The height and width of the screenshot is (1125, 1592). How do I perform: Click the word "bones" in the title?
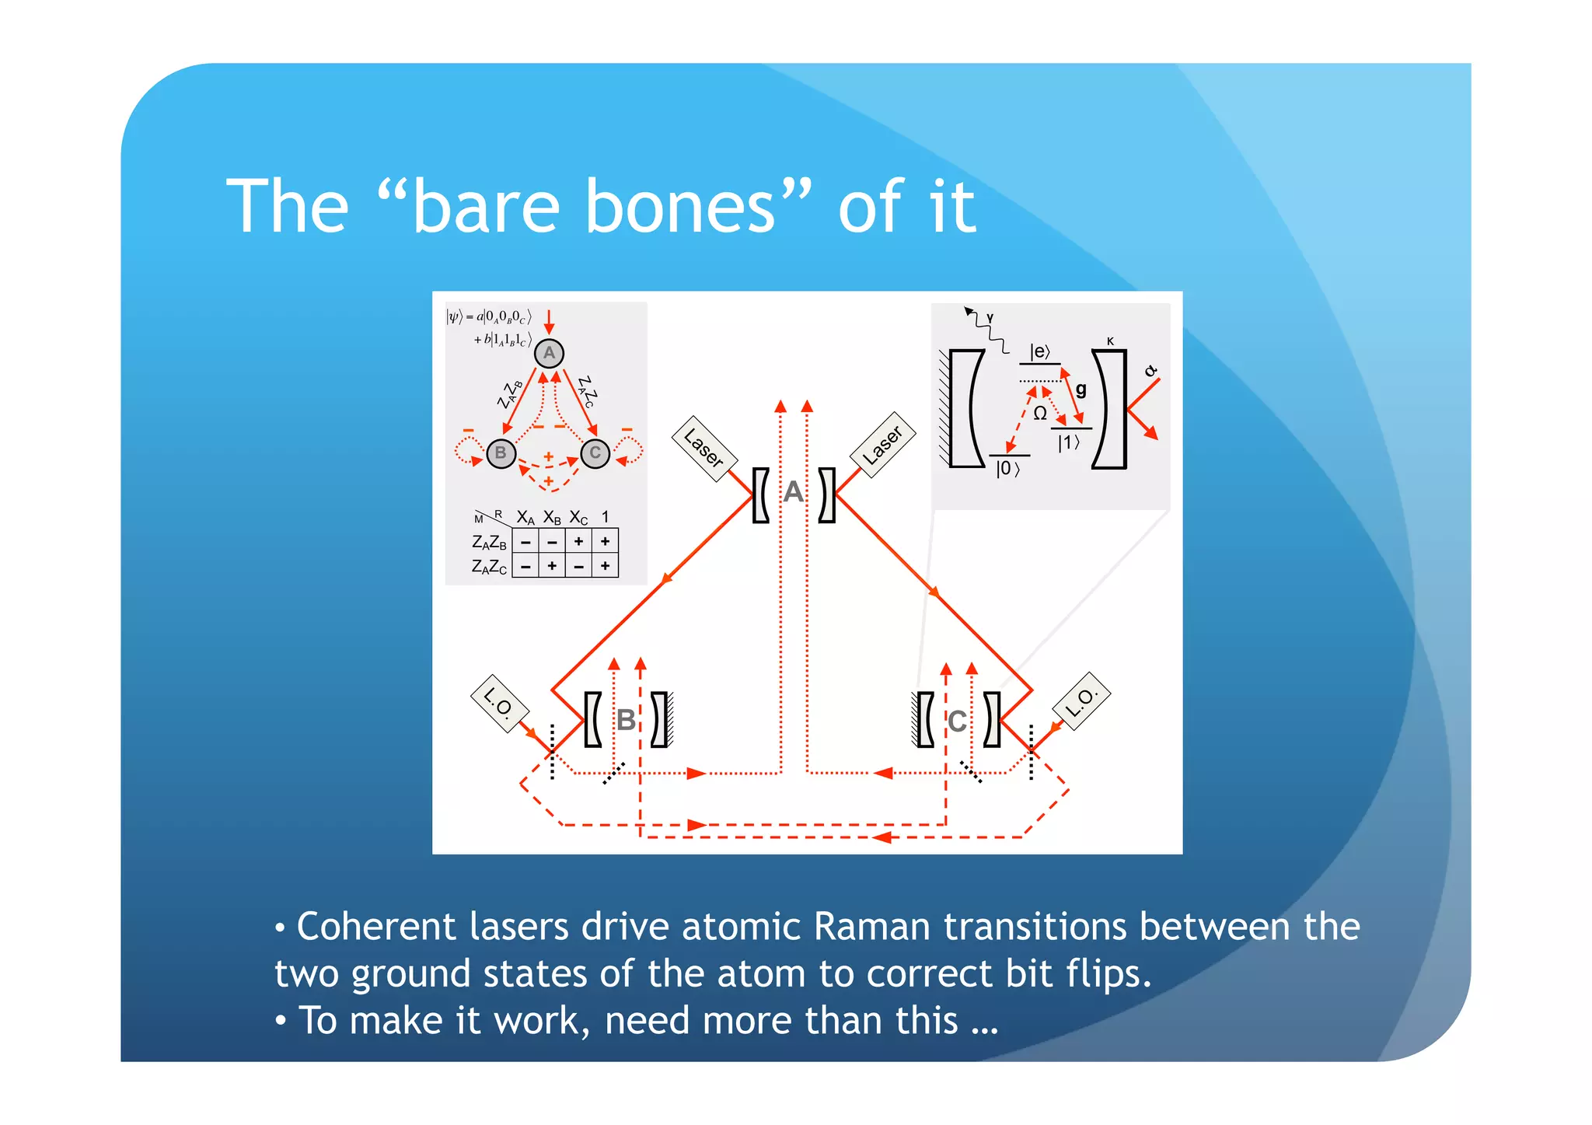click(680, 207)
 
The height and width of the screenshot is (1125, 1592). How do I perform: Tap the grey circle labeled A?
click(549, 353)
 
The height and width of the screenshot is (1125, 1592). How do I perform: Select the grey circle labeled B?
click(501, 453)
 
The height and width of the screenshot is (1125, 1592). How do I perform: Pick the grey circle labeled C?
click(595, 453)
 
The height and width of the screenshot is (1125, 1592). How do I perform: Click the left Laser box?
click(704, 449)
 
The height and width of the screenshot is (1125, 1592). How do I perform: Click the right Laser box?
click(882, 445)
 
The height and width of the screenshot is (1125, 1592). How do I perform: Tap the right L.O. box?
click(1081, 701)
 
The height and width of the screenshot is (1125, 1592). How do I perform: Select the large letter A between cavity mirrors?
click(793, 492)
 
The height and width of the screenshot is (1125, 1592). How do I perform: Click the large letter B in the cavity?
click(626, 720)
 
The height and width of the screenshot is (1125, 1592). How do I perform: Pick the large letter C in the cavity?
click(957, 721)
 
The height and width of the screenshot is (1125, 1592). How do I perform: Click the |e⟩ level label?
click(1039, 352)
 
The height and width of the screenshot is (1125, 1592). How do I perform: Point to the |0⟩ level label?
click(1007, 468)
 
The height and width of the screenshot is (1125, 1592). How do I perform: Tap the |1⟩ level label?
click(1069, 442)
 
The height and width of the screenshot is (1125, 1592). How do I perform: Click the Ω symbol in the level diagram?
click(1040, 413)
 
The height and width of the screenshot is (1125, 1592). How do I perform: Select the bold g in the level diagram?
click(1081, 389)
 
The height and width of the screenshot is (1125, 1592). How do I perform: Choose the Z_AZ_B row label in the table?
click(489, 543)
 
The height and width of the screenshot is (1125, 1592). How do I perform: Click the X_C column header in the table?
click(579, 518)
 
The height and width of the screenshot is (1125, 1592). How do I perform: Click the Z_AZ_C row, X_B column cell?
click(552, 566)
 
